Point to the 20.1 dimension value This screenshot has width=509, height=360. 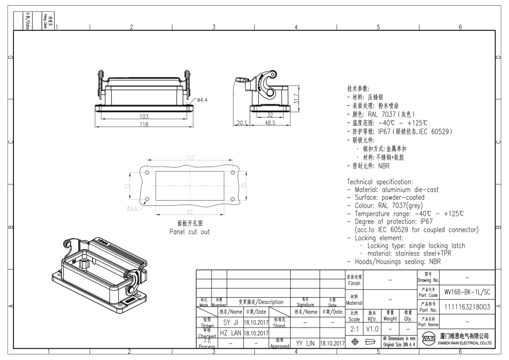pos(241,123)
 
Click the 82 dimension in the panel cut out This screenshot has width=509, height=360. pos(189,212)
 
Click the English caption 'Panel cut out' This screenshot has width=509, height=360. pos(189,231)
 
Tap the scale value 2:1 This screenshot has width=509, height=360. pos(353,328)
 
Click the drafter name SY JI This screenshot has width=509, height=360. pos(229,322)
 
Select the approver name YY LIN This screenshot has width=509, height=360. pos(305,343)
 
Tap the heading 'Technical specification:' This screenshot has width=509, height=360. pos(380,182)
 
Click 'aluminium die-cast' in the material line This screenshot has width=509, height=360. pos(413,189)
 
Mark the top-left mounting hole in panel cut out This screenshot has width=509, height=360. pos(148,172)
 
